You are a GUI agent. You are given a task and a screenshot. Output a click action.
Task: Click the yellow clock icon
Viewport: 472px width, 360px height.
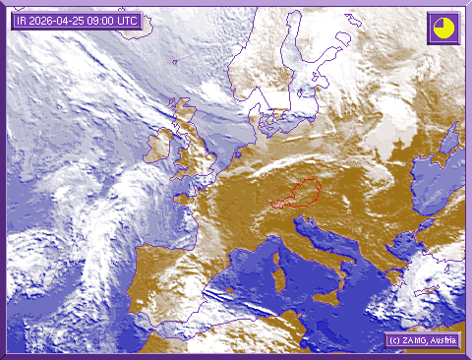click(443, 28)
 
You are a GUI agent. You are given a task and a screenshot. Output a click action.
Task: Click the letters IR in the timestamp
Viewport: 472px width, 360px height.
click(22, 21)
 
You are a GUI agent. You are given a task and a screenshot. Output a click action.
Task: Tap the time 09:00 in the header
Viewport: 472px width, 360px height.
click(103, 21)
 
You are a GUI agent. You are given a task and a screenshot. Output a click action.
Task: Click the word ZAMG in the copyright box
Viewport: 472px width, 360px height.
click(412, 340)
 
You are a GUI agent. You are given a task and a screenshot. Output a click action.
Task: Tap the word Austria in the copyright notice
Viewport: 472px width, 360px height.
click(442, 340)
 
